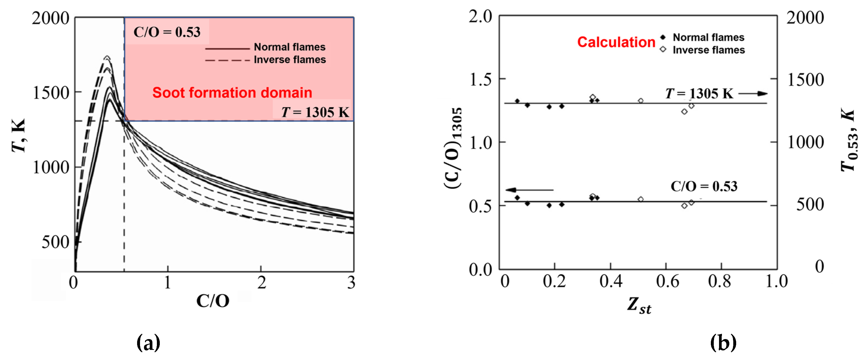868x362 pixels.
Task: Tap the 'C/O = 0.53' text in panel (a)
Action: tap(167, 32)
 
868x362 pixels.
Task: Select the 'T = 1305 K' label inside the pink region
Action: tap(315, 112)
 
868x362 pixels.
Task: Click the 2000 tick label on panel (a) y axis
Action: tap(51, 18)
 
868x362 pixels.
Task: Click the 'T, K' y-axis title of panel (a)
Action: tap(18, 135)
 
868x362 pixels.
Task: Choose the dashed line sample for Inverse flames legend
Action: tap(227, 61)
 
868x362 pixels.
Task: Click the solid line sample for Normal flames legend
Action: tap(227, 48)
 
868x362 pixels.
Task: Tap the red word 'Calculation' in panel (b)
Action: tap(616, 42)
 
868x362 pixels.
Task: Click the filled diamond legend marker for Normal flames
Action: tap(663, 37)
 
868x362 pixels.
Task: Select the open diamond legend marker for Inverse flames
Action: tap(663, 50)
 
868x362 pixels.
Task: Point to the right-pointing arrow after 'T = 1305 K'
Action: tap(753, 94)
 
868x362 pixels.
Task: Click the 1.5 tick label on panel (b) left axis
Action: tap(480, 80)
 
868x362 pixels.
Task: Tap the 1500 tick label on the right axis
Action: tap(805, 80)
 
